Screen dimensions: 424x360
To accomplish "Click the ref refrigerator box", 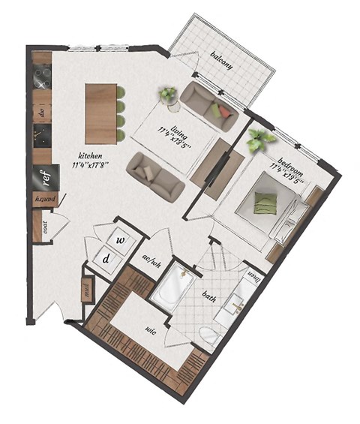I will (44, 178).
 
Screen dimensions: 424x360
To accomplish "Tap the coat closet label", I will (45, 227).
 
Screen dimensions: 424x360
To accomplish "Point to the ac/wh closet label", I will (152, 261).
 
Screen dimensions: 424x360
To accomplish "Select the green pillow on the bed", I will (263, 201).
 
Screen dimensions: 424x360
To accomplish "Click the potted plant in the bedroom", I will (259, 140).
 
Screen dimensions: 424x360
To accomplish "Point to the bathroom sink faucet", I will (238, 305).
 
